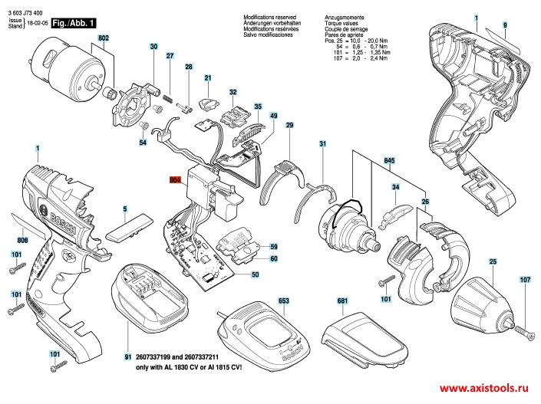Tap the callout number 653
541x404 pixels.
(283, 301)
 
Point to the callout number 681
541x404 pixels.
(342, 301)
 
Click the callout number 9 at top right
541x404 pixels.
(506, 25)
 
